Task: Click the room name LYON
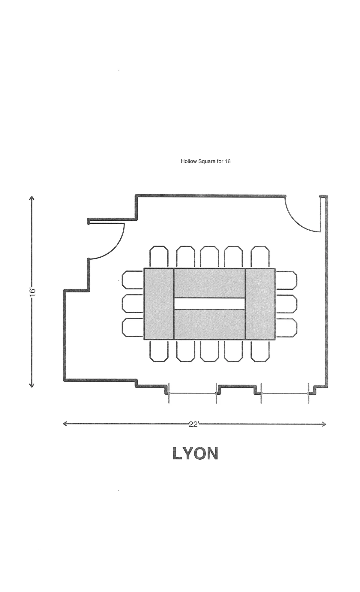195,454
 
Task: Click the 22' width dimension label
194,424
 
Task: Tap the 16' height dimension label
32,292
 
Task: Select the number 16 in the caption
227,161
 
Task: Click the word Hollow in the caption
189,161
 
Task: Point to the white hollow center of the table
209,304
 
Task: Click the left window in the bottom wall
193,393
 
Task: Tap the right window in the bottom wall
285,393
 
